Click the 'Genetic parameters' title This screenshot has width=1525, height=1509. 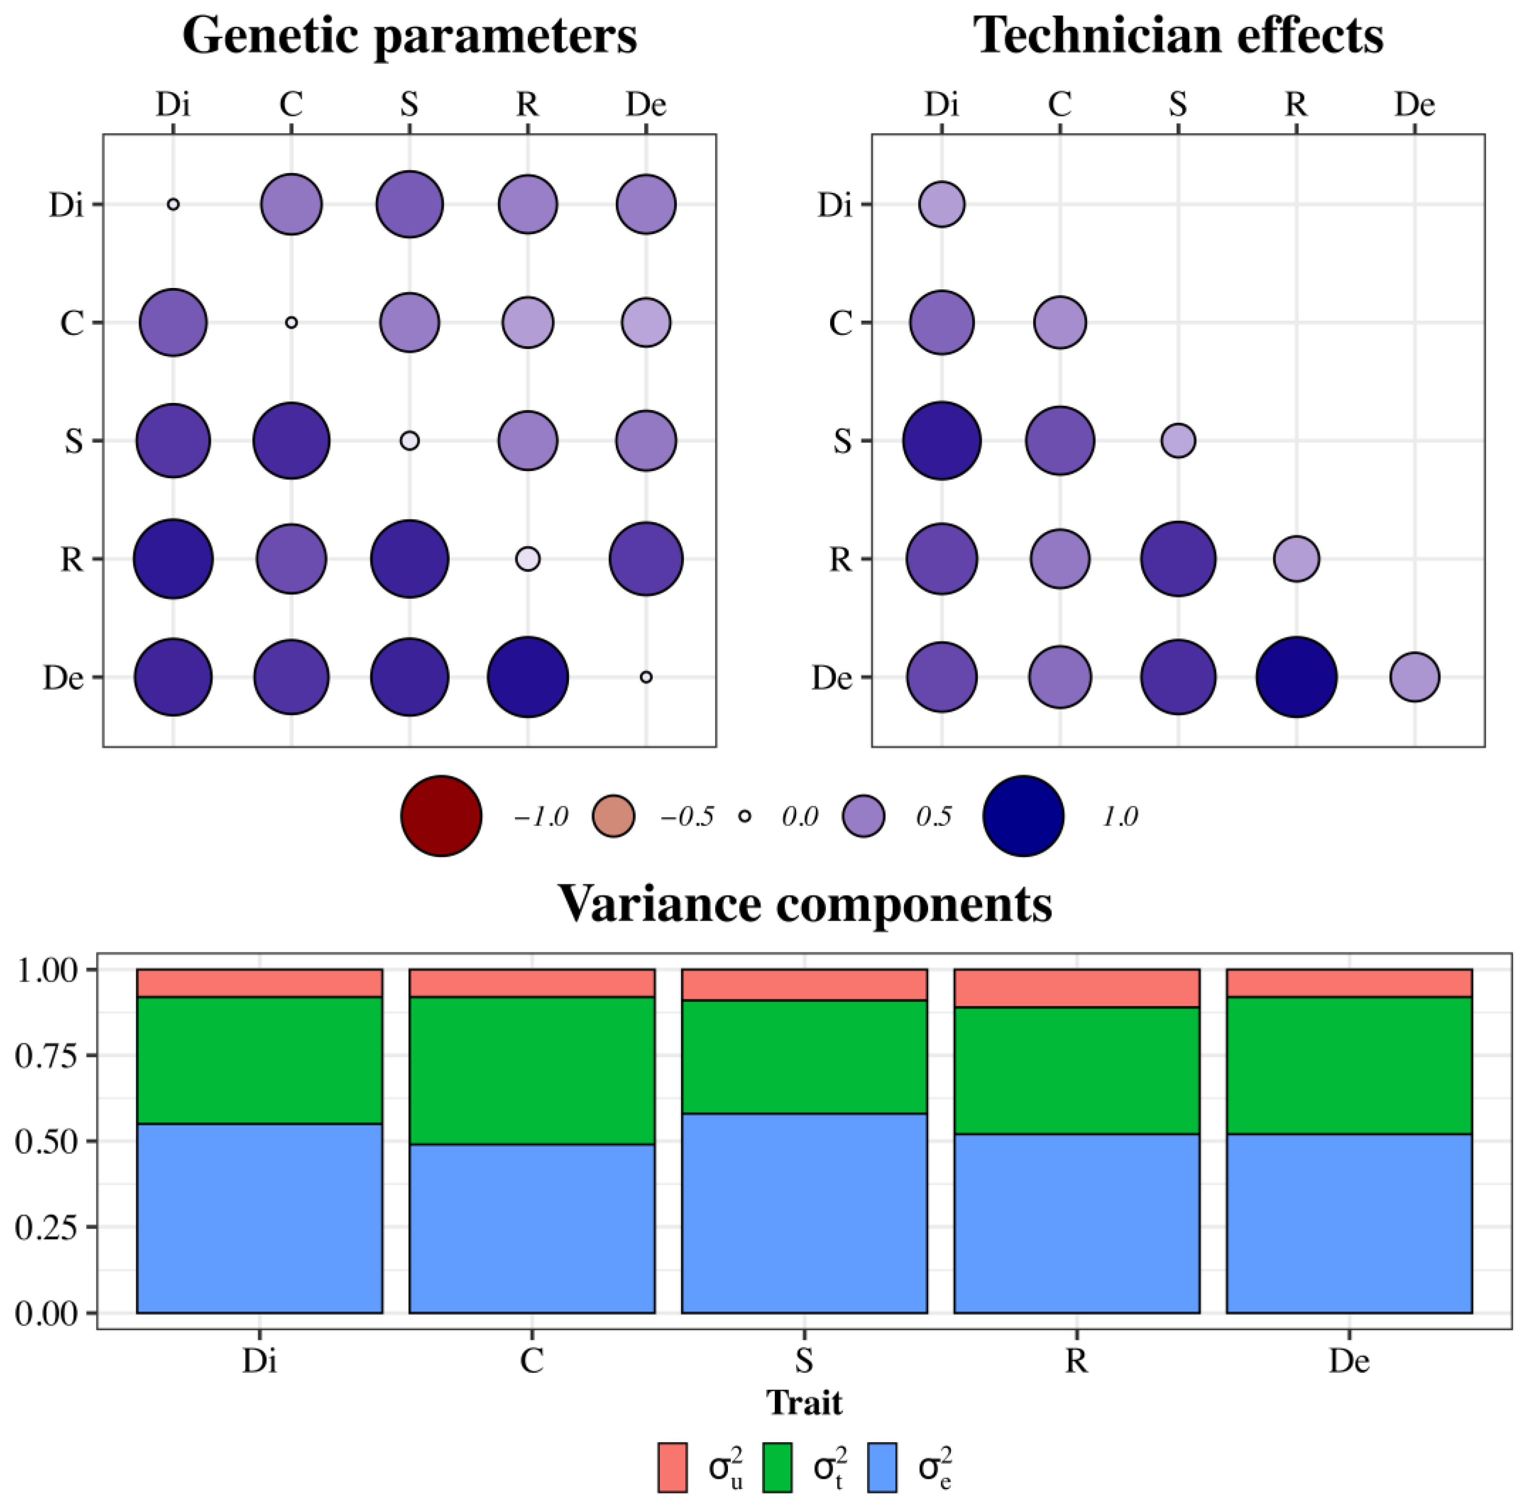click(410, 35)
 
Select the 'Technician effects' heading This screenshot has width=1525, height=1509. click(1178, 35)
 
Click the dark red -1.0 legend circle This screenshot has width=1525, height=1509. click(441, 816)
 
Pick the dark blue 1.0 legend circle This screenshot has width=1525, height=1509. click(1023, 816)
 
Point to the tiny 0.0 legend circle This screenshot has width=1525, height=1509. click(745, 816)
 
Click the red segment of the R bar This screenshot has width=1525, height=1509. click(1077, 988)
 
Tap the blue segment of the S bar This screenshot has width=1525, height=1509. click(804, 1214)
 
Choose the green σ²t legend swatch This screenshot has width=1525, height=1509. click(778, 1467)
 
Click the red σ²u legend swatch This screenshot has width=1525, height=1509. click(673, 1467)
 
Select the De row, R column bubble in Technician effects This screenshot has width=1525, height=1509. click(1296, 677)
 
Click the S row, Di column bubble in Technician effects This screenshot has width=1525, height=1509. click(942, 440)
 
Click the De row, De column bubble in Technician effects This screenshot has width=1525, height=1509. click(1414, 677)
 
